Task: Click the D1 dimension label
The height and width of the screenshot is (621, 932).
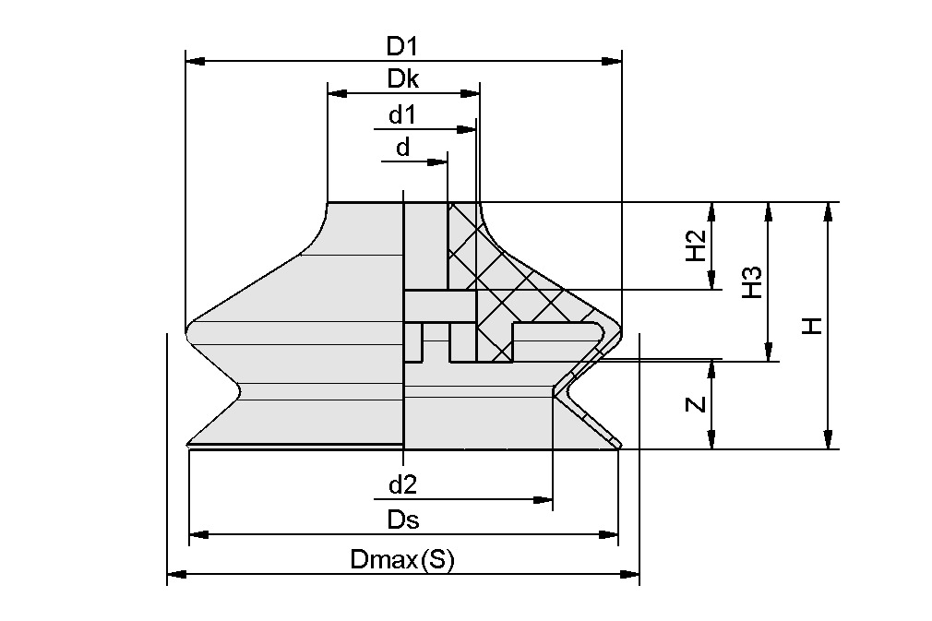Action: (403, 45)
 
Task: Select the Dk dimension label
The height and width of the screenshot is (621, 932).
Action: (403, 79)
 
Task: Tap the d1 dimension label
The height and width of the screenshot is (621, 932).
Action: (402, 115)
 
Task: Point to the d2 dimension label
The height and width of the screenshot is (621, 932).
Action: (402, 484)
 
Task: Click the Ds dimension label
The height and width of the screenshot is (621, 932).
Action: (403, 519)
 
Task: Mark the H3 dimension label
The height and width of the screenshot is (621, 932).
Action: (752, 281)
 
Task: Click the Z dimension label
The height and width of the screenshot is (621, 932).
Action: (698, 404)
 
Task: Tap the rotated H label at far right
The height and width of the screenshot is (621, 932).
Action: (811, 326)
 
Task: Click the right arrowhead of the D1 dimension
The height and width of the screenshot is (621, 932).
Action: (612, 62)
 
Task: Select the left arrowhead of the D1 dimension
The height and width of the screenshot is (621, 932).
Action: (196, 62)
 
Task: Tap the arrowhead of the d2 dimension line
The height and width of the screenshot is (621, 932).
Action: (543, 500)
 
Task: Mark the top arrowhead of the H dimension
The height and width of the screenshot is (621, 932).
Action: (829, 211)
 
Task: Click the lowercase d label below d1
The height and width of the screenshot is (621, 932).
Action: (402, 148)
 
